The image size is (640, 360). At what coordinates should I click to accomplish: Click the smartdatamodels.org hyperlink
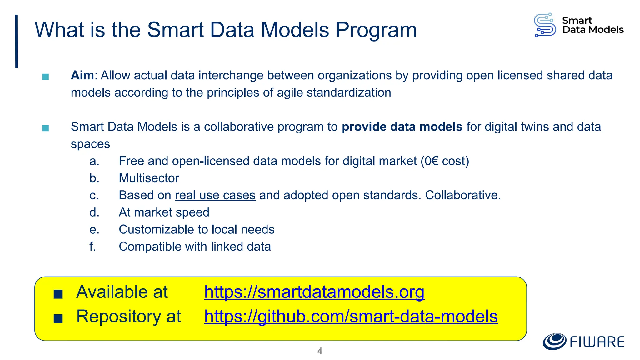point(314,292)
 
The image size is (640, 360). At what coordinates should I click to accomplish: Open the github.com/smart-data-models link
point(351,317)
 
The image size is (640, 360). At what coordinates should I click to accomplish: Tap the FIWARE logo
point(583,342)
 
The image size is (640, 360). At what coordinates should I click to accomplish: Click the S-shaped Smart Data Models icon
point(545,25)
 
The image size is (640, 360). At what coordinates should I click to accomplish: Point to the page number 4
point(320,351)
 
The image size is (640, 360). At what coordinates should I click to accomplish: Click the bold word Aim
point(82,76)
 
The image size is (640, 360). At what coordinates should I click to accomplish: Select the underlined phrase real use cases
point(215,195)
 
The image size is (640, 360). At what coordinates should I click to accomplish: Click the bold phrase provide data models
point(402,127)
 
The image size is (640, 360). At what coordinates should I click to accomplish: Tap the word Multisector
point(149,178)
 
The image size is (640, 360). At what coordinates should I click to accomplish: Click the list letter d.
point(94,212)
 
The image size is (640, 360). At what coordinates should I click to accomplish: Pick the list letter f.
point(92,247)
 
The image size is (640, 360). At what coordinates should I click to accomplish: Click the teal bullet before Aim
point(46,77)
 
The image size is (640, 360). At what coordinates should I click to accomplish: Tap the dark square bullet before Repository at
point(58,319)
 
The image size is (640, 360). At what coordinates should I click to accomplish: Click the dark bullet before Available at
point(58,294)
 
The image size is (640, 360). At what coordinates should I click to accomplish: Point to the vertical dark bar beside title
point(17,41)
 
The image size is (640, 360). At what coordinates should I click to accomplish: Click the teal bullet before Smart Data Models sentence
point(46,128)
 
